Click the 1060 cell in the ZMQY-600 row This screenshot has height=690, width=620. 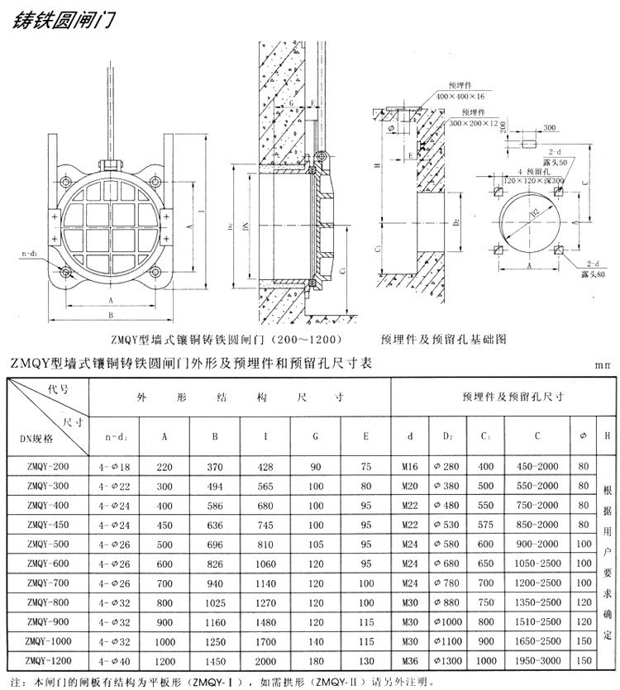click(x=265, y=562)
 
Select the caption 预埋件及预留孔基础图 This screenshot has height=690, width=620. click(x=455, y=338)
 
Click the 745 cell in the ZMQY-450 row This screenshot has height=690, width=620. click(x=265, y=524)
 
